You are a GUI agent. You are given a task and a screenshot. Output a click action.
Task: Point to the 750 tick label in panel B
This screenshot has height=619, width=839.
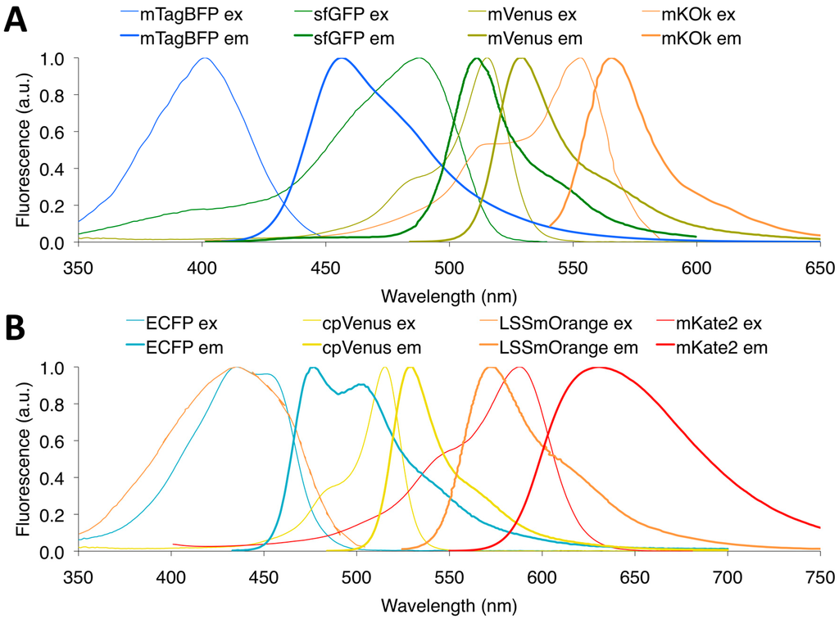[x=819, y=576]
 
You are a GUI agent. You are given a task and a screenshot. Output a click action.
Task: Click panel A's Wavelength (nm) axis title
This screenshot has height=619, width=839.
[x=448, y=294]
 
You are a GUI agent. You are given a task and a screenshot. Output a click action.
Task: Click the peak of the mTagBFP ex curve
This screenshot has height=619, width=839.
[x=205, y=58]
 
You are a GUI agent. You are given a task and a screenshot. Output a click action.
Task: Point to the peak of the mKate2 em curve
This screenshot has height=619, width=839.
[x=597, y=368]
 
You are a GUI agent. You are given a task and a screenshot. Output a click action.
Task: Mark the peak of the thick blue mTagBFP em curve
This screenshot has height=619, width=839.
[x=342, y=58]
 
